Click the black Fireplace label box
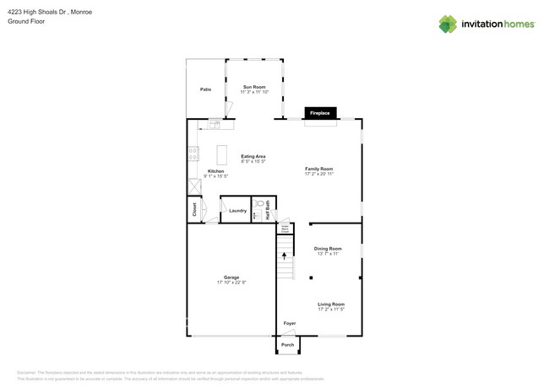pos(320,112)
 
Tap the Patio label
pos(205,89)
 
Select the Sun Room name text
pos(254,87)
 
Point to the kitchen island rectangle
pos(222,155)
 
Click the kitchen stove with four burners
pos(193,154)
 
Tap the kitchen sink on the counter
pos(215,125)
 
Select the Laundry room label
pos(237,211)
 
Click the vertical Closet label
pos(194,210)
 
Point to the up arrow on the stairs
pos(285,253)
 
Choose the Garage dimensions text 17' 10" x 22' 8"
pos(231,282)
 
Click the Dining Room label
pos(328,248)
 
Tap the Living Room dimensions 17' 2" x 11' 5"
pos(330,310)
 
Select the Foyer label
pos(289,323)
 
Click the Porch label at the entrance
pos(287,345)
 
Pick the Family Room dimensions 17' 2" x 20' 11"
pos(319,174)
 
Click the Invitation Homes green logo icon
pos(448,24)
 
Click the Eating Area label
pos(253,156)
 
